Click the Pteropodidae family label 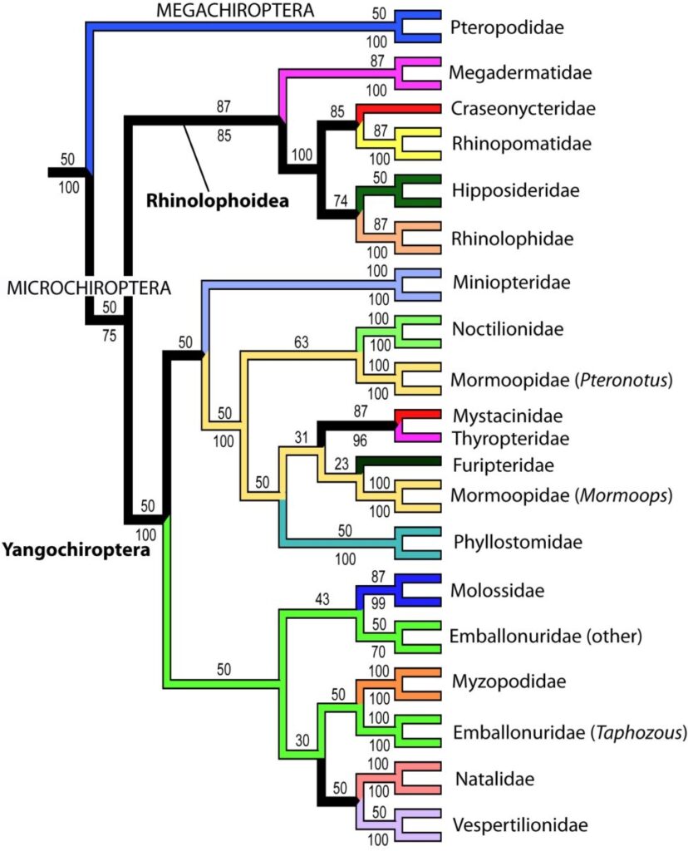(x=507, y=27)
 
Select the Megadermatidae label (x=520, y=72)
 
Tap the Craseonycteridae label (x=523, y=109)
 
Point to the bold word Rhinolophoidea (x=218, y=201)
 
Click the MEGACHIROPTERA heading (x=235, y=10)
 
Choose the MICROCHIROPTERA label (x=88, y=288)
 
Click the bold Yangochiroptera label (x=76, y=550)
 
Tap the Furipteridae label (x=504, y=465)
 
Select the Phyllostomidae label (x=518, y=542)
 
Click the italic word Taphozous (x=638, y=733)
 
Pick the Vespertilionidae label (x=520, y=825)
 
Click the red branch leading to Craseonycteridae (x=400, y=109)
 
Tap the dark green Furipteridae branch (x=399, y=461)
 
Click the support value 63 (x=301, y=342)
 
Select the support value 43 (x=322, y=599)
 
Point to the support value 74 (x=340, y=201)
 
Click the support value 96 (x=360, y=440)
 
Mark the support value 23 (x=342, y=464)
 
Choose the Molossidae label (x=497, y=590)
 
